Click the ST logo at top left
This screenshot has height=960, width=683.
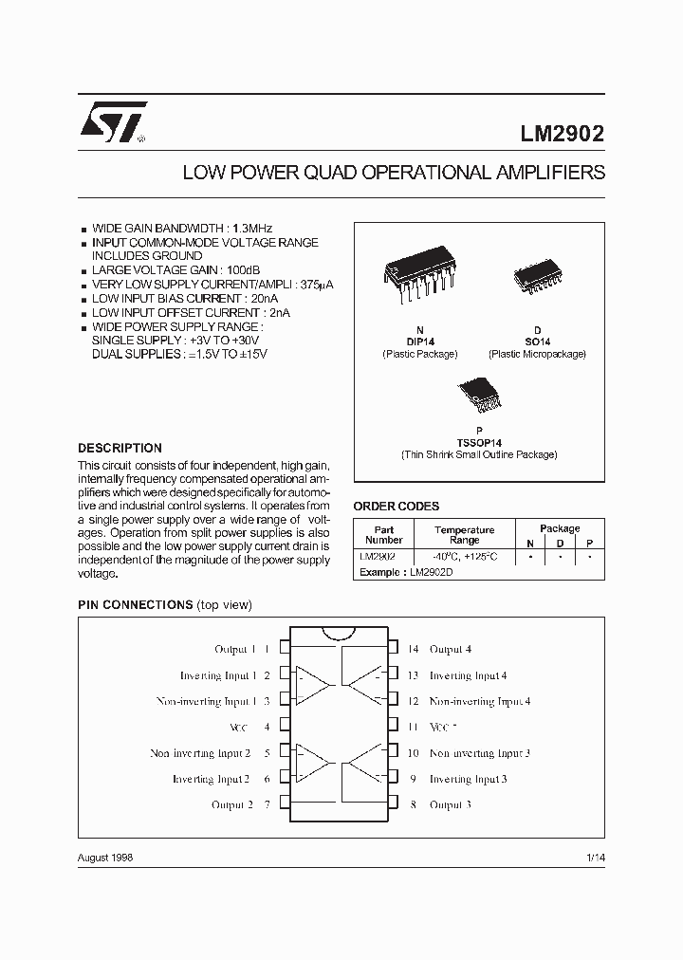pyautogui.click(x=112, y=123)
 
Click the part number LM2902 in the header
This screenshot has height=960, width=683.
pyautogui.click(x=560, y=135)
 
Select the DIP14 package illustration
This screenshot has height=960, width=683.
pyautogui.click(x=419, y=273)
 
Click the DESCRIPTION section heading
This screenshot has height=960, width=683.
pyautogui.click(x=120, y=448)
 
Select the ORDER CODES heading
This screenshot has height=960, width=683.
pyautogui.click(x=396, y=507)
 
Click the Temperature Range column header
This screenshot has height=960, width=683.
pyautogui.click(x=464, y=535)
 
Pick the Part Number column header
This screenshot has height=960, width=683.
pyautogui.click(x=383, y=535)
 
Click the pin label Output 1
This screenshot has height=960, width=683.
pyautogui.click(x=234, y=650)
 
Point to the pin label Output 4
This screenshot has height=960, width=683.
pyautogui.click(x=450, y=650)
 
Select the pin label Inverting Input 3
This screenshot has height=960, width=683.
pyautogui.click(x=468, y=779)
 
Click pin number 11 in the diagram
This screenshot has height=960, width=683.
pyautogui.click(x=413, y=727)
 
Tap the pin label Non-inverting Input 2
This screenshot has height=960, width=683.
pyautogui.click(x=200, y=753)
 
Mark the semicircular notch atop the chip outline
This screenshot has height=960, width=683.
pyautogui.click(x=340, y=633)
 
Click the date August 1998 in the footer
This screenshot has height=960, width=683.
pyautogui.click(x=104, y=857)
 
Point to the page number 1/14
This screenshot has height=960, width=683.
pyautogui.click(x=595, y=857)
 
